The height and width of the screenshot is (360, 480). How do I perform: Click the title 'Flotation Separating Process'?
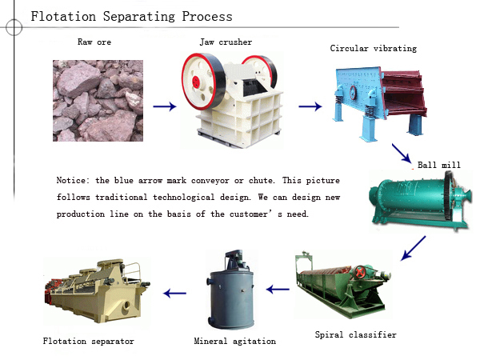point(132,16)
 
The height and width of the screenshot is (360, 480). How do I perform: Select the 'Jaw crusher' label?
point(226,42)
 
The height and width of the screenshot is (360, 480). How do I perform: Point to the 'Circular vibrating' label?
point(374,49)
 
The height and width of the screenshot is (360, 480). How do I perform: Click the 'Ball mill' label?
point(439,166)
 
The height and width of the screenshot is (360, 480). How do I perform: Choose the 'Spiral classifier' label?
point(355,334)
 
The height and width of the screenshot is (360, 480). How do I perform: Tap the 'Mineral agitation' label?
point(235,341)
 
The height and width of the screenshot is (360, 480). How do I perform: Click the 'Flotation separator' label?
point(88,341)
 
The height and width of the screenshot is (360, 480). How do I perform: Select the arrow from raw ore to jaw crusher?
point(165,106)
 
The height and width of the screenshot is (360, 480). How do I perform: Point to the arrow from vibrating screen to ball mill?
point(401,154)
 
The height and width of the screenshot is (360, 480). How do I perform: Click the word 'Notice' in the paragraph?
point(74,179)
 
